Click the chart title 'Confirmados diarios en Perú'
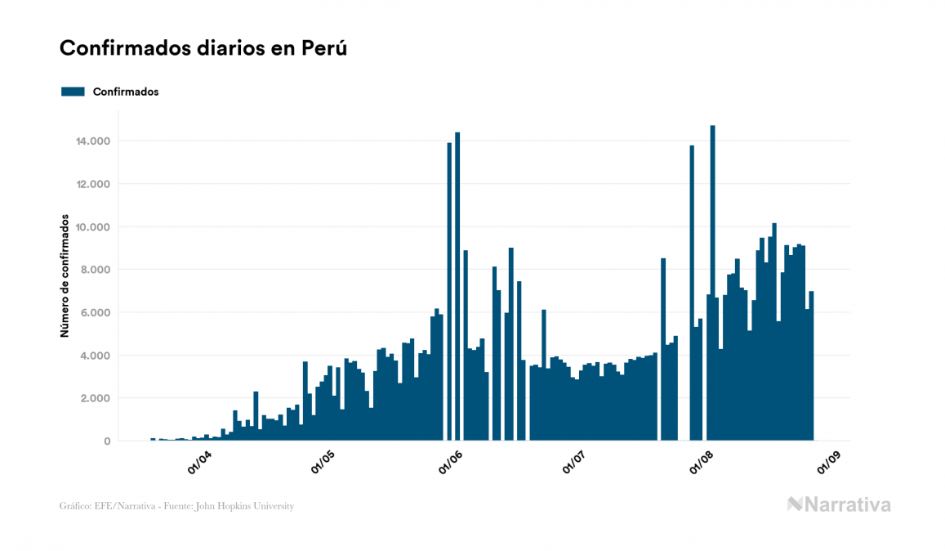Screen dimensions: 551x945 (x=203, y=48)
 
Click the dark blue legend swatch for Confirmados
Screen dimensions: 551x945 (x=73, y=92)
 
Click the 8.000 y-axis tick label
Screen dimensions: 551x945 (x=96, y=270)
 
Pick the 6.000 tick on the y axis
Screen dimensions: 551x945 (x=96, y=313)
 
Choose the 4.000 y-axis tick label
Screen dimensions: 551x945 (x=96, y=356)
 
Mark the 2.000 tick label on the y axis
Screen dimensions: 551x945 (x=96, y=398)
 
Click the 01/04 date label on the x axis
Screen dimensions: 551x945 (x=199, y=462)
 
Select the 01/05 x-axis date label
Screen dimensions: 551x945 (x=324, y=462)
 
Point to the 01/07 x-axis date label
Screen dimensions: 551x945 (x=575, y=462)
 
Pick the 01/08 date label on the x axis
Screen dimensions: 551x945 (x=702, y=462)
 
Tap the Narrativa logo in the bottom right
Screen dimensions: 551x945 (x=839, y=504)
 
